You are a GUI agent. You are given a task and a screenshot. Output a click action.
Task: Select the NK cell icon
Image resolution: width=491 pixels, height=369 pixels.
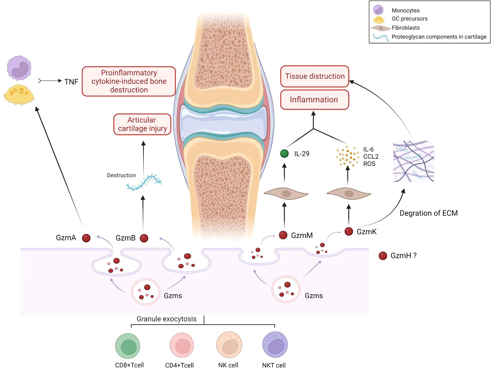click(x=229, y=345)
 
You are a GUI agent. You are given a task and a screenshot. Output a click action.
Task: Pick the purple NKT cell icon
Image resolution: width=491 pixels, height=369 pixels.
click(x=275, y=345)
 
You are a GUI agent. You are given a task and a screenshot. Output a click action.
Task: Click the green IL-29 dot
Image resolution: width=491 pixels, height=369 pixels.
click(x=284, y=154)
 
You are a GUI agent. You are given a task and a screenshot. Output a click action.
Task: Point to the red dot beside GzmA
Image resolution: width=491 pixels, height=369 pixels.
click(x=86, y=238)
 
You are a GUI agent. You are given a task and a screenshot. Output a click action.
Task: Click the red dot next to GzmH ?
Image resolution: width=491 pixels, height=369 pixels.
click(x=383, y=255)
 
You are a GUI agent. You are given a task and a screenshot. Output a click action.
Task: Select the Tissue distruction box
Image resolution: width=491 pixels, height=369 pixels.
click(x=315, y=76)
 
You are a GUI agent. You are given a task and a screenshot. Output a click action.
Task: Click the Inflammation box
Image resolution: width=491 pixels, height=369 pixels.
click(x=314, y=100)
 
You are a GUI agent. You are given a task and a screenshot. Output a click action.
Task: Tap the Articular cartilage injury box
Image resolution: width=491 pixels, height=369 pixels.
click(x=142, y=124)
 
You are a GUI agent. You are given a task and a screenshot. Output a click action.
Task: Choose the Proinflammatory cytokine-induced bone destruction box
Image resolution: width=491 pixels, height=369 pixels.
click(x=129, y=81)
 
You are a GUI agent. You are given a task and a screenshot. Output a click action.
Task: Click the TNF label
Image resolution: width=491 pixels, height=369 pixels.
click(x=71, y=82)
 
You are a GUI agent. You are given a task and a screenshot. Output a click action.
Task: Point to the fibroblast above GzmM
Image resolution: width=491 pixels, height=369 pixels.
click(x=286, y=194)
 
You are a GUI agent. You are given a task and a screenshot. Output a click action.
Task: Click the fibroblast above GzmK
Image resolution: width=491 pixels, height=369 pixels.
click(x=349, y=194)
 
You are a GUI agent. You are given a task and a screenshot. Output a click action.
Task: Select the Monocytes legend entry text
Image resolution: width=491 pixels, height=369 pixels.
click(x=405, y=10)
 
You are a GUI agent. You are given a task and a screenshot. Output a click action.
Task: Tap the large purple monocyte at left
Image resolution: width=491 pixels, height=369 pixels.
click(x=19, y=68)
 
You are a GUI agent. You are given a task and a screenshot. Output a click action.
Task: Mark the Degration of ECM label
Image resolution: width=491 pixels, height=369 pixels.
click(x=428, y=213)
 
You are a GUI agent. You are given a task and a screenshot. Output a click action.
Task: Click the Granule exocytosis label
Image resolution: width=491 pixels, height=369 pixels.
click(x=166, y=319)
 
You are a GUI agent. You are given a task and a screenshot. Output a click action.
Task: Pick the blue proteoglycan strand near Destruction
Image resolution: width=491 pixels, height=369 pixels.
click(x=144, y=182)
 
